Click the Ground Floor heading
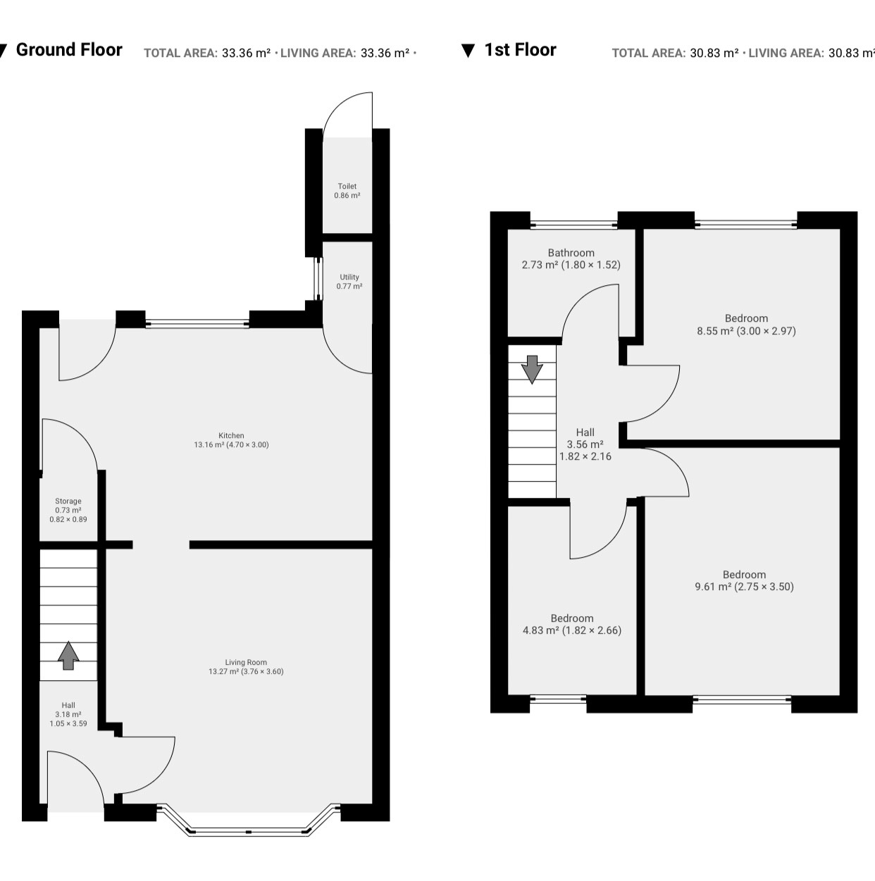(x=69, y=50)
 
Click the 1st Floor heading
(x=520, y=50)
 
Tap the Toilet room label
(x=347, y=191)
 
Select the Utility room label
(x=349, y=282)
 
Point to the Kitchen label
(x=232, y=440)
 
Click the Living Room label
(x=246, y=667)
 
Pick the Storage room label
(x=68, y=510)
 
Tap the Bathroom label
(x=571, y=258)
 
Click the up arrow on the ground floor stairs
(x=68, y=656)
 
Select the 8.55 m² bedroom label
(x=747, y=325)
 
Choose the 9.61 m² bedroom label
(x=744, y=580)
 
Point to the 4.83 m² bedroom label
(x=572, y=624)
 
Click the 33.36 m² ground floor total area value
(x=246, y=53)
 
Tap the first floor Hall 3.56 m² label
(x=585, y=444)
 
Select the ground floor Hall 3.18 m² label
(x=68, y=714)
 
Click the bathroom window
(x=574, y=224)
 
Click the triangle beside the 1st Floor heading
(x=468, y=50)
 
